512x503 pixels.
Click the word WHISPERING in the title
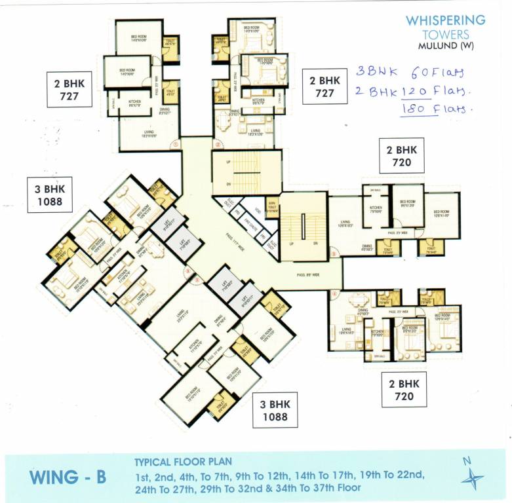click(445, 20)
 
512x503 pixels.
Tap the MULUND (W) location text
click(445, 45)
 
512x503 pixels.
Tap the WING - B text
click(68, 476)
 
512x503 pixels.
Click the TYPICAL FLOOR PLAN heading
click(183, 461)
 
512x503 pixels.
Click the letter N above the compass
click(467, 460)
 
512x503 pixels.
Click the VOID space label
click(257, 212)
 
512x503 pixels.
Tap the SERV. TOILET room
click(272, 206)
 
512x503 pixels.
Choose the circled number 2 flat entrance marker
click(217, 145)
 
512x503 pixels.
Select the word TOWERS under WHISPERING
click(445, 33)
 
